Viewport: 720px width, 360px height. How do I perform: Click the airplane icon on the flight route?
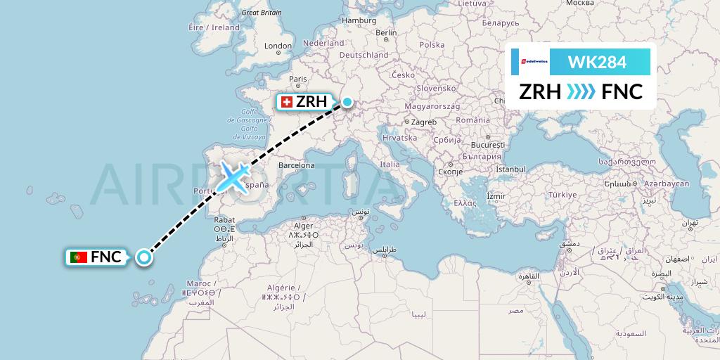tap(233, 176)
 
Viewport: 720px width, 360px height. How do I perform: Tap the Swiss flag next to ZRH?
tap(286, 102)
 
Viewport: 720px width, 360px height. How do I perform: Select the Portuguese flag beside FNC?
tap(79, 257)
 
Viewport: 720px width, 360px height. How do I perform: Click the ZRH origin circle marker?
tap(347, 102)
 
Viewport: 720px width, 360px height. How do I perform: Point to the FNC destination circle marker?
tap(144, 257)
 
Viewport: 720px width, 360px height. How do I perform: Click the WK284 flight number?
tap(597, 63)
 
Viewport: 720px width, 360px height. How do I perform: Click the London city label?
tap(278, 46)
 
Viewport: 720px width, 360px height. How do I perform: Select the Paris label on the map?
tap(300, 79)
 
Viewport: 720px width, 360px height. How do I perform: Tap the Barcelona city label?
tap(296, 166)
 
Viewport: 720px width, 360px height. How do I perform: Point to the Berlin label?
tap(386, 32)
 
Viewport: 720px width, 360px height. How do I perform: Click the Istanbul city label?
tap(510, 169)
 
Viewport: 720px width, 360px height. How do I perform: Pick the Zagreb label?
tap(424, 122)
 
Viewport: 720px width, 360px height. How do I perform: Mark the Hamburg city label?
tap(359, 20)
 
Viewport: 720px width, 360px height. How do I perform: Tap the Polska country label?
tap(432, 44)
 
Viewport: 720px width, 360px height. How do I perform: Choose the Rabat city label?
tap(224, 219)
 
